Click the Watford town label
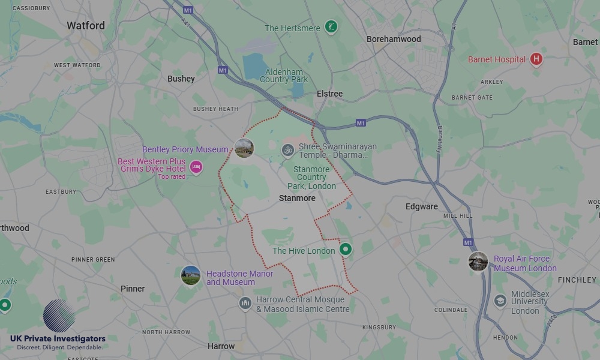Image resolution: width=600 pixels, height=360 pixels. point(86,26)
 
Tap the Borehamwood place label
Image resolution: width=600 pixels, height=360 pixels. point(394,39)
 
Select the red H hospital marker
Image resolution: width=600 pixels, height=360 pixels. point(536,59)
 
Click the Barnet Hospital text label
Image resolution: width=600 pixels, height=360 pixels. point(496,59)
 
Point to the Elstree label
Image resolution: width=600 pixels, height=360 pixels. point(329,94)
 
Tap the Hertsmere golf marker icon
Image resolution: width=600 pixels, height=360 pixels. point(331,27)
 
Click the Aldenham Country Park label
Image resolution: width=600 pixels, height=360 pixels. point(284,76)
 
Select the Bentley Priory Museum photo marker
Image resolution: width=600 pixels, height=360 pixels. point(244,148)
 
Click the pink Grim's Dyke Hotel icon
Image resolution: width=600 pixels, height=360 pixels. point(196,167)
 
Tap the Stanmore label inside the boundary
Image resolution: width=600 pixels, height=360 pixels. point(297,198)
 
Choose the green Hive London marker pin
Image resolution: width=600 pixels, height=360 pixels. point(345,250)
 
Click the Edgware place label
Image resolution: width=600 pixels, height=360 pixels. point(421,206)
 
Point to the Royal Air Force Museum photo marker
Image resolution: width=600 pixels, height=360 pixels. point(478,262)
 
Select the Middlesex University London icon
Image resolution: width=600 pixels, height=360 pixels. point(500,301)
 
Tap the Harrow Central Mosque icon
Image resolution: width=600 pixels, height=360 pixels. point(245,304)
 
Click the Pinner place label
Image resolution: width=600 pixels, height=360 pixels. point(133,289)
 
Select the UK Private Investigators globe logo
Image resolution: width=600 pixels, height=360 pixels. point(59,316)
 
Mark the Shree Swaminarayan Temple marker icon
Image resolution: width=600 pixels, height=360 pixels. point(288,149)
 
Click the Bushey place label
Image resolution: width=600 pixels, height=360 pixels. point(181,79)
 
